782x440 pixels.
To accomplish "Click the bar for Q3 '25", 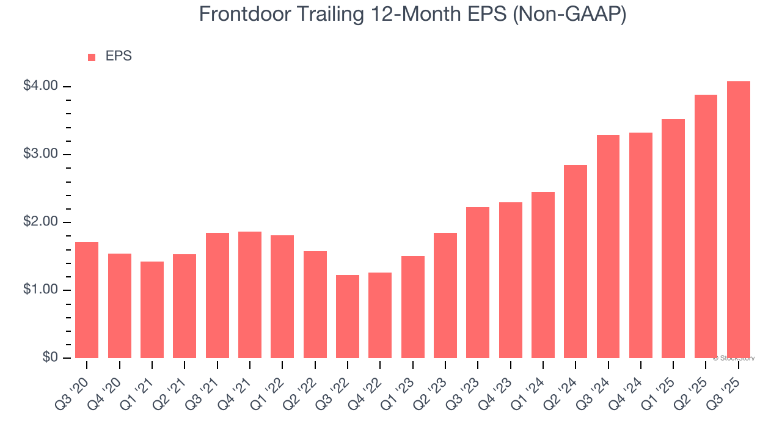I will pyautogui.click(x=738, y=219).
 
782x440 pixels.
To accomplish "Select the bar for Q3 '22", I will pyautogui.click(x=348, y=317).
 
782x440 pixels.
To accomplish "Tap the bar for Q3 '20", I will pyautogui.click(x=87, y=300).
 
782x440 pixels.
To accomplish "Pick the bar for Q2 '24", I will pyautogui.click(x=576, y=262).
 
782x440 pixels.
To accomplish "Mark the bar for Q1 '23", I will pyautogui.click(x=413, y=307).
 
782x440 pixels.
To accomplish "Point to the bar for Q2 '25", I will pyautogui.click(x=706, y=226).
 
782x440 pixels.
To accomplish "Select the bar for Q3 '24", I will pyautogui.click(x=608, y=246).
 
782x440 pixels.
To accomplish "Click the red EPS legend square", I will pyautogui.click(x=92, y=57).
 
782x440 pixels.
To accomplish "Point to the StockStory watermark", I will pyautogui.click(x=734, y=358).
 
